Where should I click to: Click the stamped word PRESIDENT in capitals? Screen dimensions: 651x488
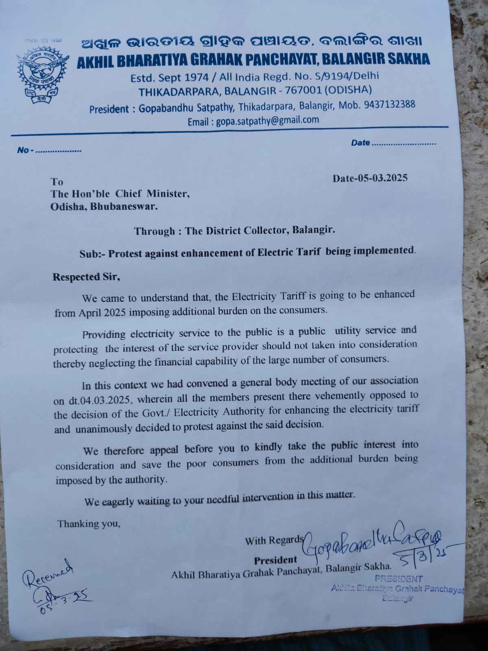click(x=399, y=579)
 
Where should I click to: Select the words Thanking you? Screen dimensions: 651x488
click(x=89, y=523)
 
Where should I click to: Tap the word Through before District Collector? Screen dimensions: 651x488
click(x=155, y=232)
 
